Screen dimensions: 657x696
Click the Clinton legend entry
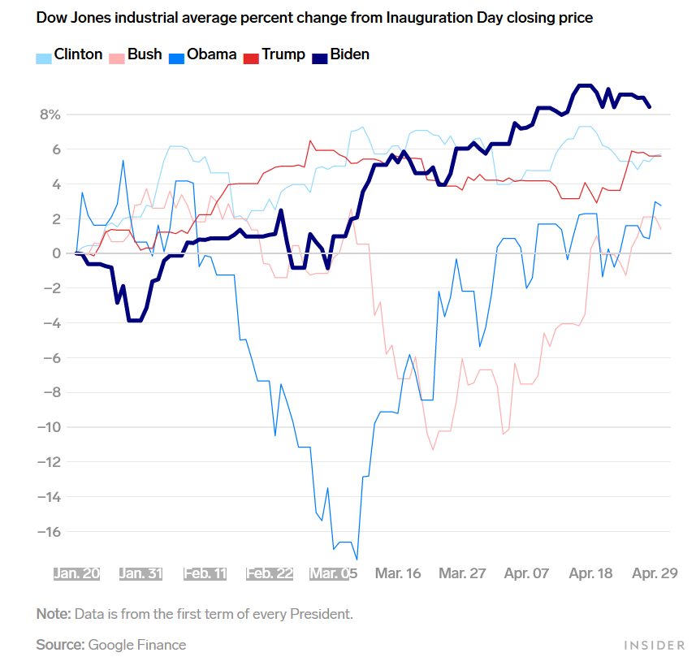[x=69, y=55]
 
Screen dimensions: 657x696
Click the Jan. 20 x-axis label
[x=76, y=573]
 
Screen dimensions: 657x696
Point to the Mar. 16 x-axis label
[x=398, y=573]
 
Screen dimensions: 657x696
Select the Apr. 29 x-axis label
[x=655, y=573]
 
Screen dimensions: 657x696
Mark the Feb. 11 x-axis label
[x=205, y=573]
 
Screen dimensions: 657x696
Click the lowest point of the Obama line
[x=357, y=560]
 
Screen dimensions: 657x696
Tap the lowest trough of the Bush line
[x=433, y=450]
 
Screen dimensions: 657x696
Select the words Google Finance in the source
[x=137, y=645]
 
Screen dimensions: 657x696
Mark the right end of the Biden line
[x=649, y=106]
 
